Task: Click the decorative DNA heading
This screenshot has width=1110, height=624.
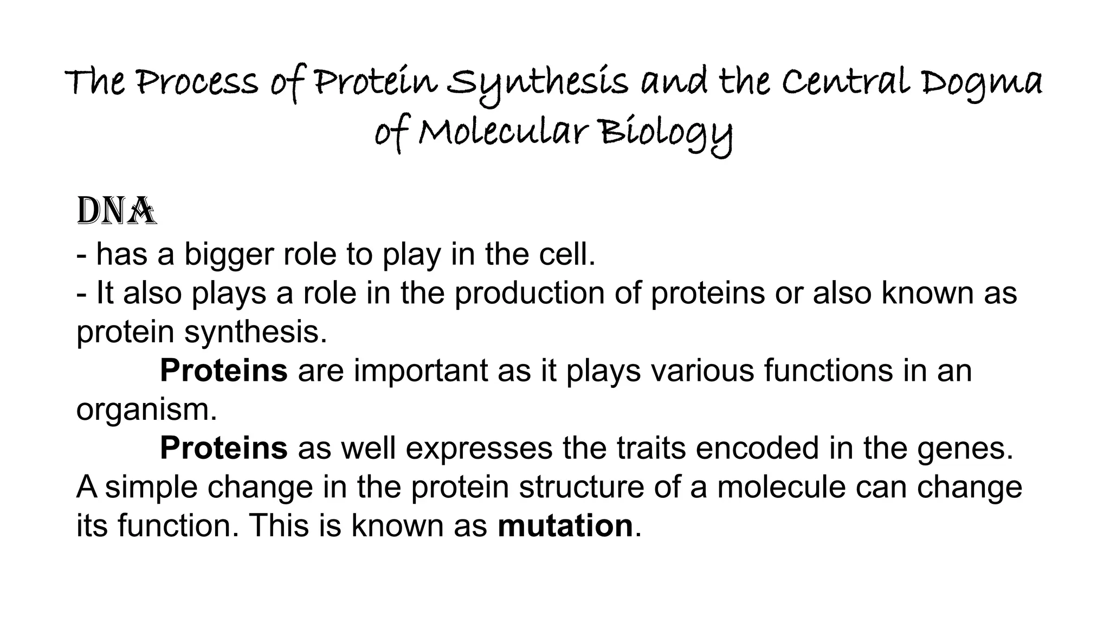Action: (x=117, y=212)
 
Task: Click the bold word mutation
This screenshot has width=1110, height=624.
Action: (x=565, y=525)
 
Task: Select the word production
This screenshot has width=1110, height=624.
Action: (x=529, y=293)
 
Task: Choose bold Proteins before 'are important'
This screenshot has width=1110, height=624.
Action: (x=223, y=370)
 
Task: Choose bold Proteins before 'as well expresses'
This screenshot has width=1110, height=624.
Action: (x=223, y=448)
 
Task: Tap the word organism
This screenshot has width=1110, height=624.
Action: (x=146, y=410)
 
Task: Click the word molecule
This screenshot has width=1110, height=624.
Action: (x=781, y=486)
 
